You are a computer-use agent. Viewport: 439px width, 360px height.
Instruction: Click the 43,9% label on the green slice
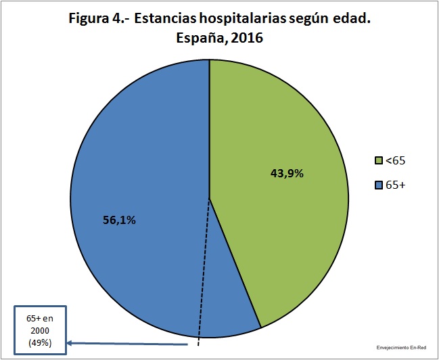point(287,174)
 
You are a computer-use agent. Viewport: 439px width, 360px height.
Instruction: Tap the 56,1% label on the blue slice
point(119,221)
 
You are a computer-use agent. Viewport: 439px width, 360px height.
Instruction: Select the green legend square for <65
point(379,161)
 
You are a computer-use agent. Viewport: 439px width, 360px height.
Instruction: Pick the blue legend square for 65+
point(379,185)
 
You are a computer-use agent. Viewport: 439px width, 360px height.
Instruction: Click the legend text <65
point(395,161)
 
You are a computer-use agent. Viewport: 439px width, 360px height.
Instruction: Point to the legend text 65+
point(395,185)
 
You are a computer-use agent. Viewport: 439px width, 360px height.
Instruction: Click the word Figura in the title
point(87,20)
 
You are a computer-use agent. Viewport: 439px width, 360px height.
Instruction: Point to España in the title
point(200,38)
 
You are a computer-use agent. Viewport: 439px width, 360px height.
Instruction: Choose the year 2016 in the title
point(245,38)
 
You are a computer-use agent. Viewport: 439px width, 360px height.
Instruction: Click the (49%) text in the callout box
point(40,343)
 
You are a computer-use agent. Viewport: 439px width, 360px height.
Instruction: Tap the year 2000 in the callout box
point(40,331)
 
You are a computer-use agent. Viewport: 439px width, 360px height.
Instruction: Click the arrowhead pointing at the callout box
point(70,343)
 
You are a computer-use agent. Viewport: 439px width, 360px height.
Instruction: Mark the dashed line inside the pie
point(204,272)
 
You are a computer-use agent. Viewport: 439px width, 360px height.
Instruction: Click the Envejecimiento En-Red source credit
point(401,348)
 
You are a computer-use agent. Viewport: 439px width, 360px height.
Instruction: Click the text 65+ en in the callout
point(40,319)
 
